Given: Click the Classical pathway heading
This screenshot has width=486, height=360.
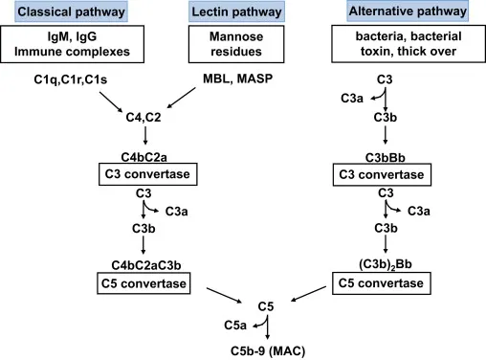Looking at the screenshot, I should coord(61,12).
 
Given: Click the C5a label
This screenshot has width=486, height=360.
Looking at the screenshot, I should coord(247,326).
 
